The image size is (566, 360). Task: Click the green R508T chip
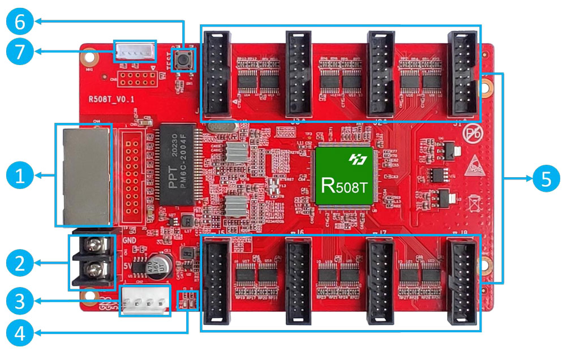pos(344,175)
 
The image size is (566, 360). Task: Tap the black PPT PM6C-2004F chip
pos(178,165)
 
